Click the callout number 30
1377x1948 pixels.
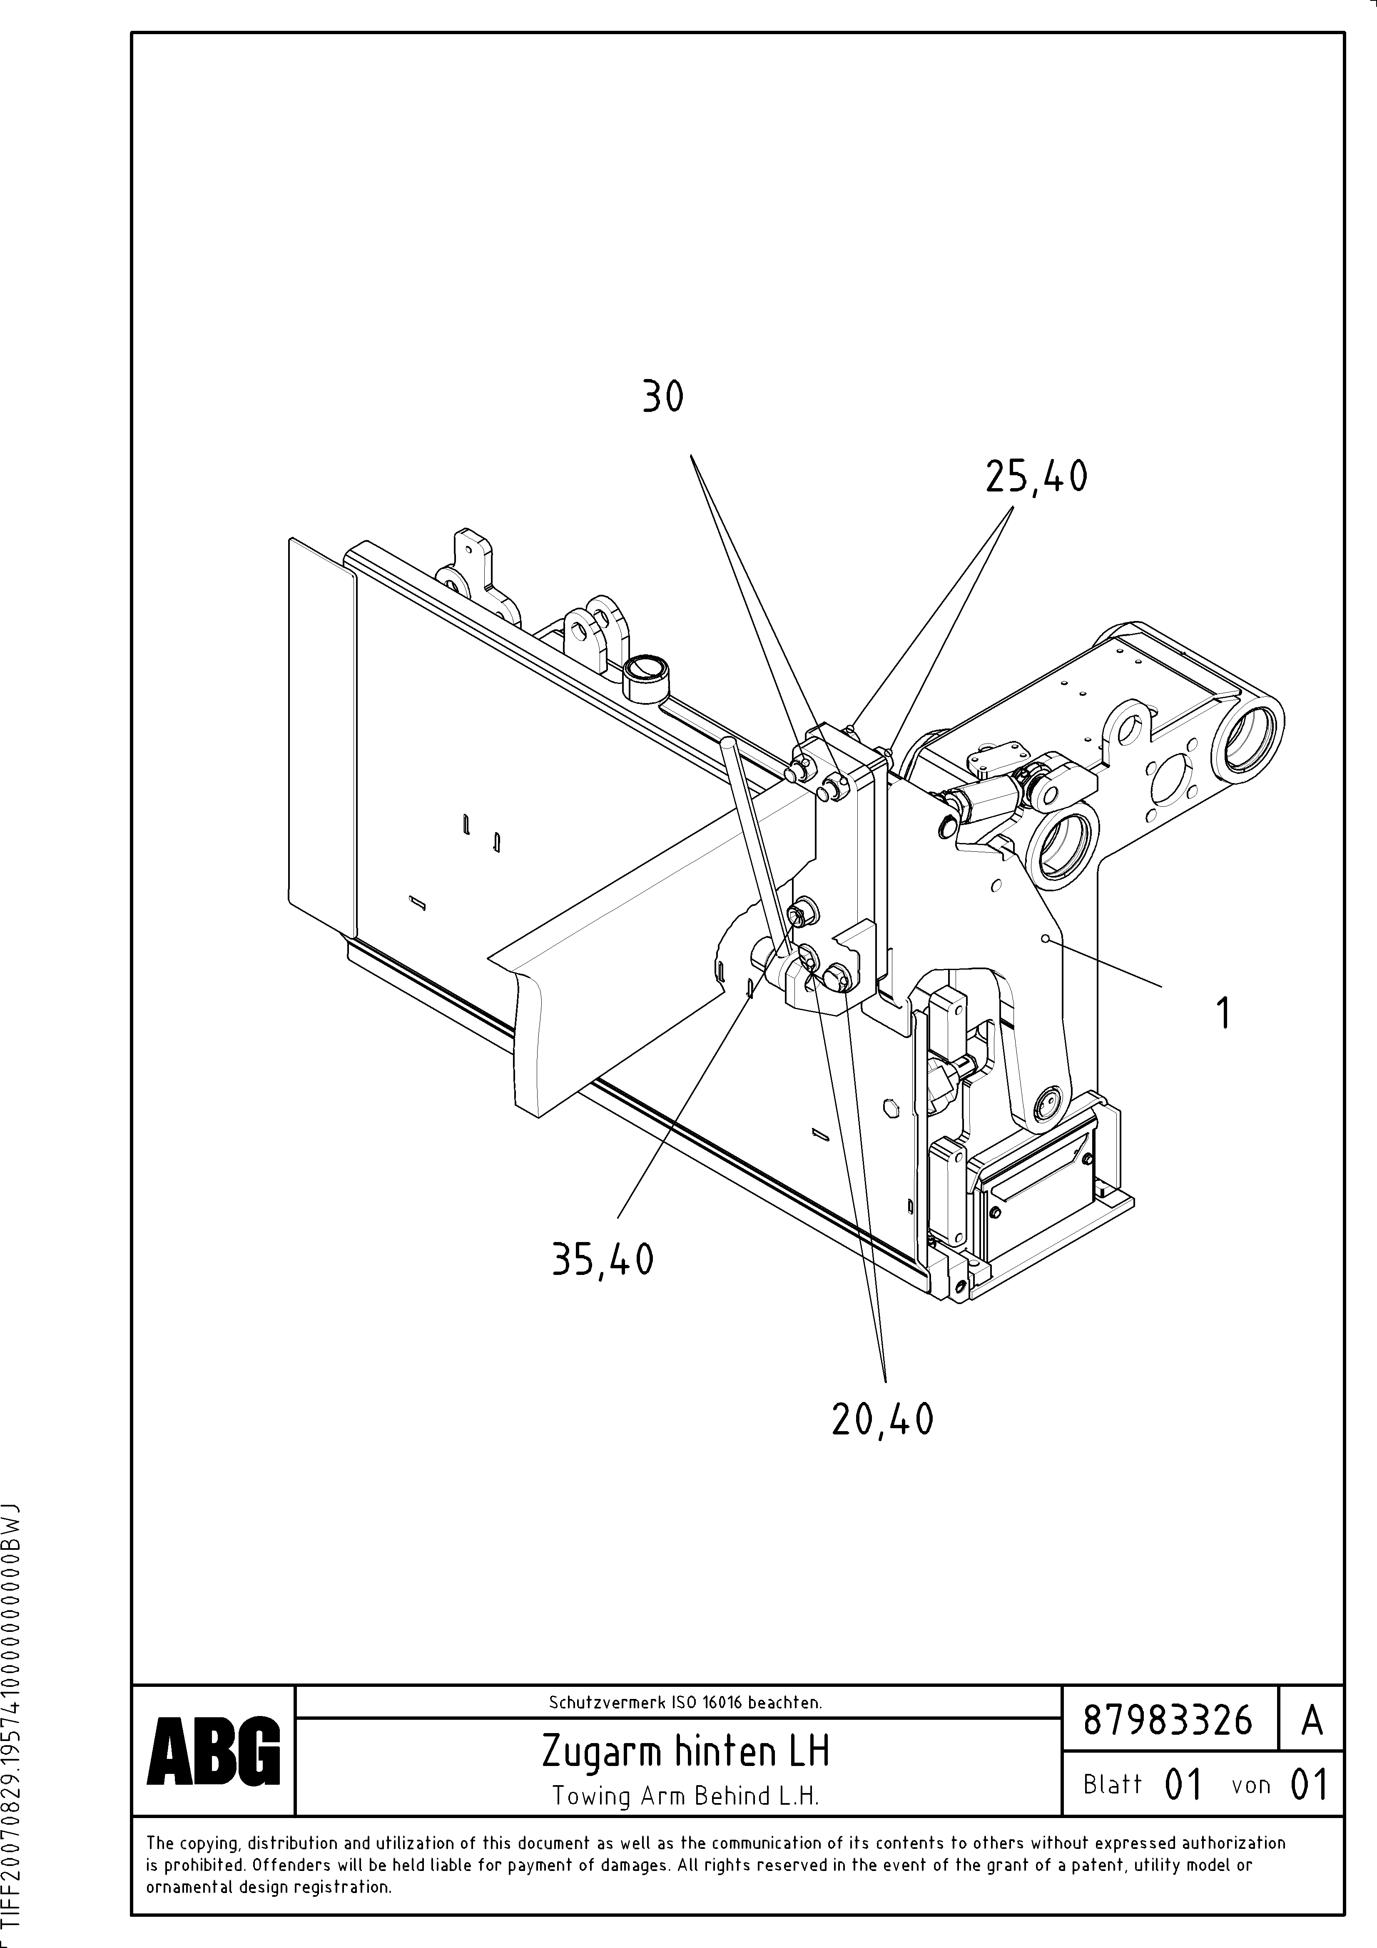[662, 396]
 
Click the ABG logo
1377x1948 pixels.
[213, 1750]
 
